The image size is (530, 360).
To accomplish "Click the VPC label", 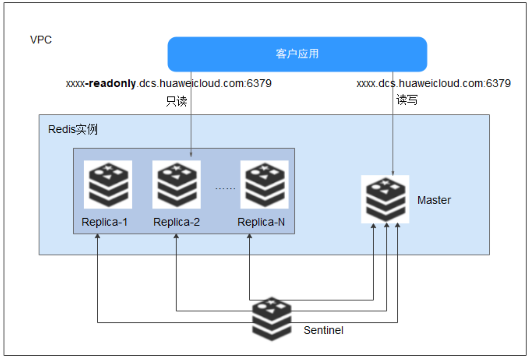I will (x=41, y=40).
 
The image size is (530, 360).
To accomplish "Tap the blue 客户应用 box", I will (x=297, y=54).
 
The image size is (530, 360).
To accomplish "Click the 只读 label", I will (x=176, y=101).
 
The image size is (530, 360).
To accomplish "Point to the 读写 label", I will (x=407, y=100).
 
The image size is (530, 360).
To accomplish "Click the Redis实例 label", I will (x=73, y=129).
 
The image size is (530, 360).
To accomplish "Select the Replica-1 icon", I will (x=108, y=185).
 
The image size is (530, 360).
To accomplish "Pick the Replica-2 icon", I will (x=176, y=185).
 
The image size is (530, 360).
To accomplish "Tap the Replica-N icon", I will (x=264, y=185).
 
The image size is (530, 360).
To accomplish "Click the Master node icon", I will (x=385, y=199).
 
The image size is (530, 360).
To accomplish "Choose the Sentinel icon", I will (x=272, y=319).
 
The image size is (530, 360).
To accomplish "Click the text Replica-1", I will (x=104, y=222).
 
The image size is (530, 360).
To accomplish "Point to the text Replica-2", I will (x=176, y=222).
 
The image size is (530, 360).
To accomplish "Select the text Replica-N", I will (x=261, y=222).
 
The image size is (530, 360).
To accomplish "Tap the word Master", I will (x=434, y=200).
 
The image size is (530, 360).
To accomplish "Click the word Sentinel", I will (x=324, y=330).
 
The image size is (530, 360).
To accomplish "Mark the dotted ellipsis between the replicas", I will (x=225, y=189).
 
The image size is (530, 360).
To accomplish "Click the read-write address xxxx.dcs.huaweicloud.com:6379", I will (x=434, y=84).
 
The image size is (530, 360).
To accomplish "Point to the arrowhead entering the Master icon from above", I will (x=393, y=173).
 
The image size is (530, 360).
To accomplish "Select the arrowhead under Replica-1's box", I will (x=98, y=237).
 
